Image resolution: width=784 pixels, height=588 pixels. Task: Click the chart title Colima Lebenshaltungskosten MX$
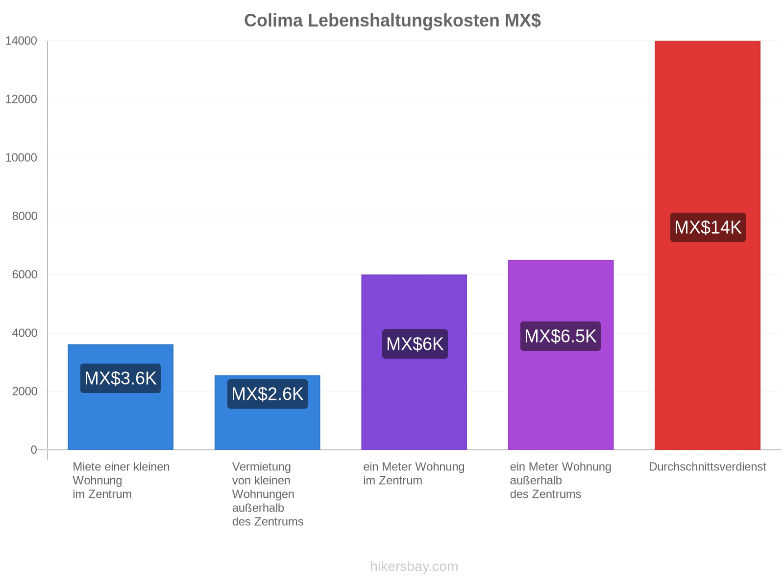coord(392,21)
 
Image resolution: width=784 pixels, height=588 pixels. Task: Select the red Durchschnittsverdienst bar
coord(707,245)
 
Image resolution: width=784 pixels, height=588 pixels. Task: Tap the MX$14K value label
coord(708,227)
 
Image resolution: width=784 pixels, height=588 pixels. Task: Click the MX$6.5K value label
coord(560,336)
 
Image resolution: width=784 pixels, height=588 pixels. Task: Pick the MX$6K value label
coord(415,344)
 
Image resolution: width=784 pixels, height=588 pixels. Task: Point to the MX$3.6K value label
coord(121,378)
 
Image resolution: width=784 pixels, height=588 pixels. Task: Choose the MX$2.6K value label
coord(267,394)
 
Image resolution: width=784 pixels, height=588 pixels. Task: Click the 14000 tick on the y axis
coord(21,41)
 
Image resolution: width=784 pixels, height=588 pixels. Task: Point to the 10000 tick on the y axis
coord(21,157)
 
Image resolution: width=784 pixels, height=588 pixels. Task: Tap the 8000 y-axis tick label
coord(24,216)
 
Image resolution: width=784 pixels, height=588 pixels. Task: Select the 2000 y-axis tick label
coord(24,392)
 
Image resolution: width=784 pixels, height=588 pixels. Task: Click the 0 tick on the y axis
coord(34,450)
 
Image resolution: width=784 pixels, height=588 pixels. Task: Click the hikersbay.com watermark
coord(414,566)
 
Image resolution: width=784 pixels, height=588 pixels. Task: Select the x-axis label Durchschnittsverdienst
coord(707,466)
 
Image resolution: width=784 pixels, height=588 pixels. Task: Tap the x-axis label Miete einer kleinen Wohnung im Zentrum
coord(121,480)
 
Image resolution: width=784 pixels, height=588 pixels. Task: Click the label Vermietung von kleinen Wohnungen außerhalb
coord(263,487)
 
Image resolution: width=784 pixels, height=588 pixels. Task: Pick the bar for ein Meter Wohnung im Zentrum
coord(414,362)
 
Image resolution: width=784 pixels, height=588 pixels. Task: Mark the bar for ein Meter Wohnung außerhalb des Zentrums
coord(561,355)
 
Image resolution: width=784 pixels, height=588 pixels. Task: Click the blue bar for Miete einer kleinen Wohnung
coord(121,397)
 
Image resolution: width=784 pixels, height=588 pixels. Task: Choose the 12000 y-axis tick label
coord(21,99)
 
